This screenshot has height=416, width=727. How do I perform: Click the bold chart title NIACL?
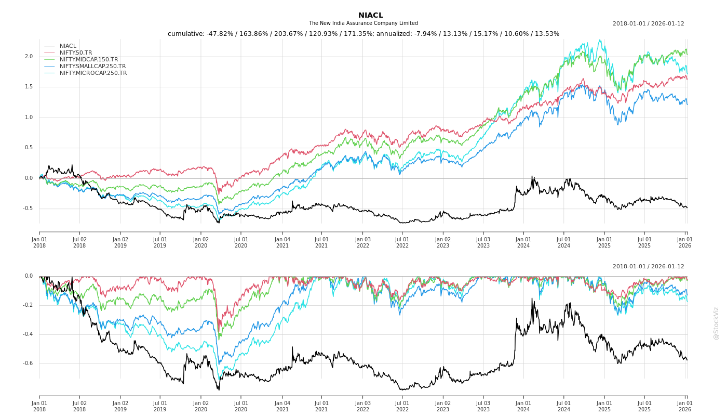tap(370, 15)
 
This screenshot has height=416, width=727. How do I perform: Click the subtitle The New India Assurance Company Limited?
tap(363, 23)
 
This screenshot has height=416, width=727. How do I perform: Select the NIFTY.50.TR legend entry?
tap(76, 53)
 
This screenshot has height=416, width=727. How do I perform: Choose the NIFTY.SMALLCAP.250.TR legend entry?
tap(92, 66)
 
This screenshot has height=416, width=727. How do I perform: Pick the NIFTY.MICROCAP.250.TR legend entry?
tap(93, 73)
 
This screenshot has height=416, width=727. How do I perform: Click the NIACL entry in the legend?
tap(68, 46)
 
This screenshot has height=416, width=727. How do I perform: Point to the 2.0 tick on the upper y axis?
tap(29, 57)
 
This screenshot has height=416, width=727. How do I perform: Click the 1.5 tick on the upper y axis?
tap(29, 87)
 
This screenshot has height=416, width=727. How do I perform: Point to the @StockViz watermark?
tap(716, 323)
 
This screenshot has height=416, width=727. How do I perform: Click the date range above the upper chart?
tap(648, 23)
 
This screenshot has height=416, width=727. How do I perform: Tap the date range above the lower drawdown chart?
tap(648, 266)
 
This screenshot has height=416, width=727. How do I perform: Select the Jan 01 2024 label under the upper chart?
tap(523, 242)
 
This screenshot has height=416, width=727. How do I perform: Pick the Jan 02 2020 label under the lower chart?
tap(201, 406)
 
